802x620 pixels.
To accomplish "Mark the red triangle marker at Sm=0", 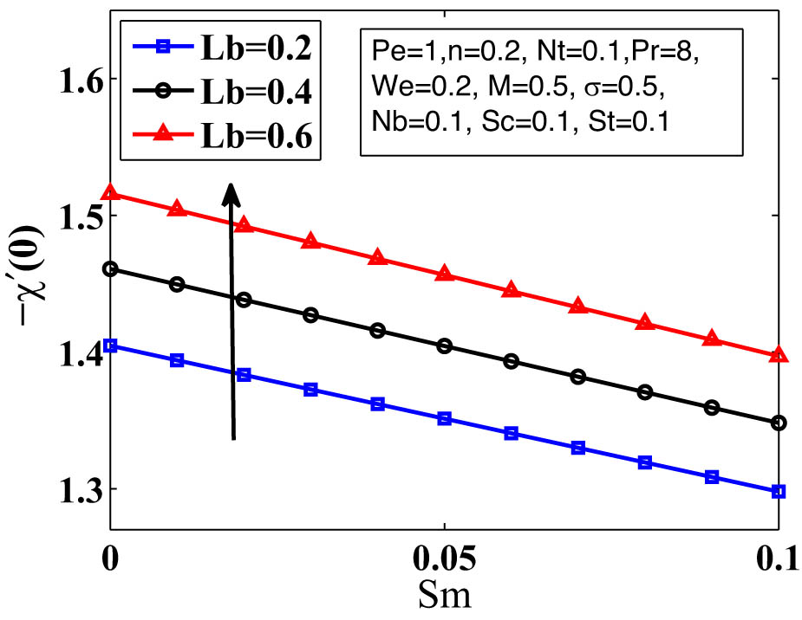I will pos(110,195).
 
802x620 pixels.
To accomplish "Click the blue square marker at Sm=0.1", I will pos(779,491).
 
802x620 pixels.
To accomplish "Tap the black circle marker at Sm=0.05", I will pos(444,346).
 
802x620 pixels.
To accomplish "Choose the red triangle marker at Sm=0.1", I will pos(779,355).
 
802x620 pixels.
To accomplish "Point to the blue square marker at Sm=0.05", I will pos(444,419).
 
